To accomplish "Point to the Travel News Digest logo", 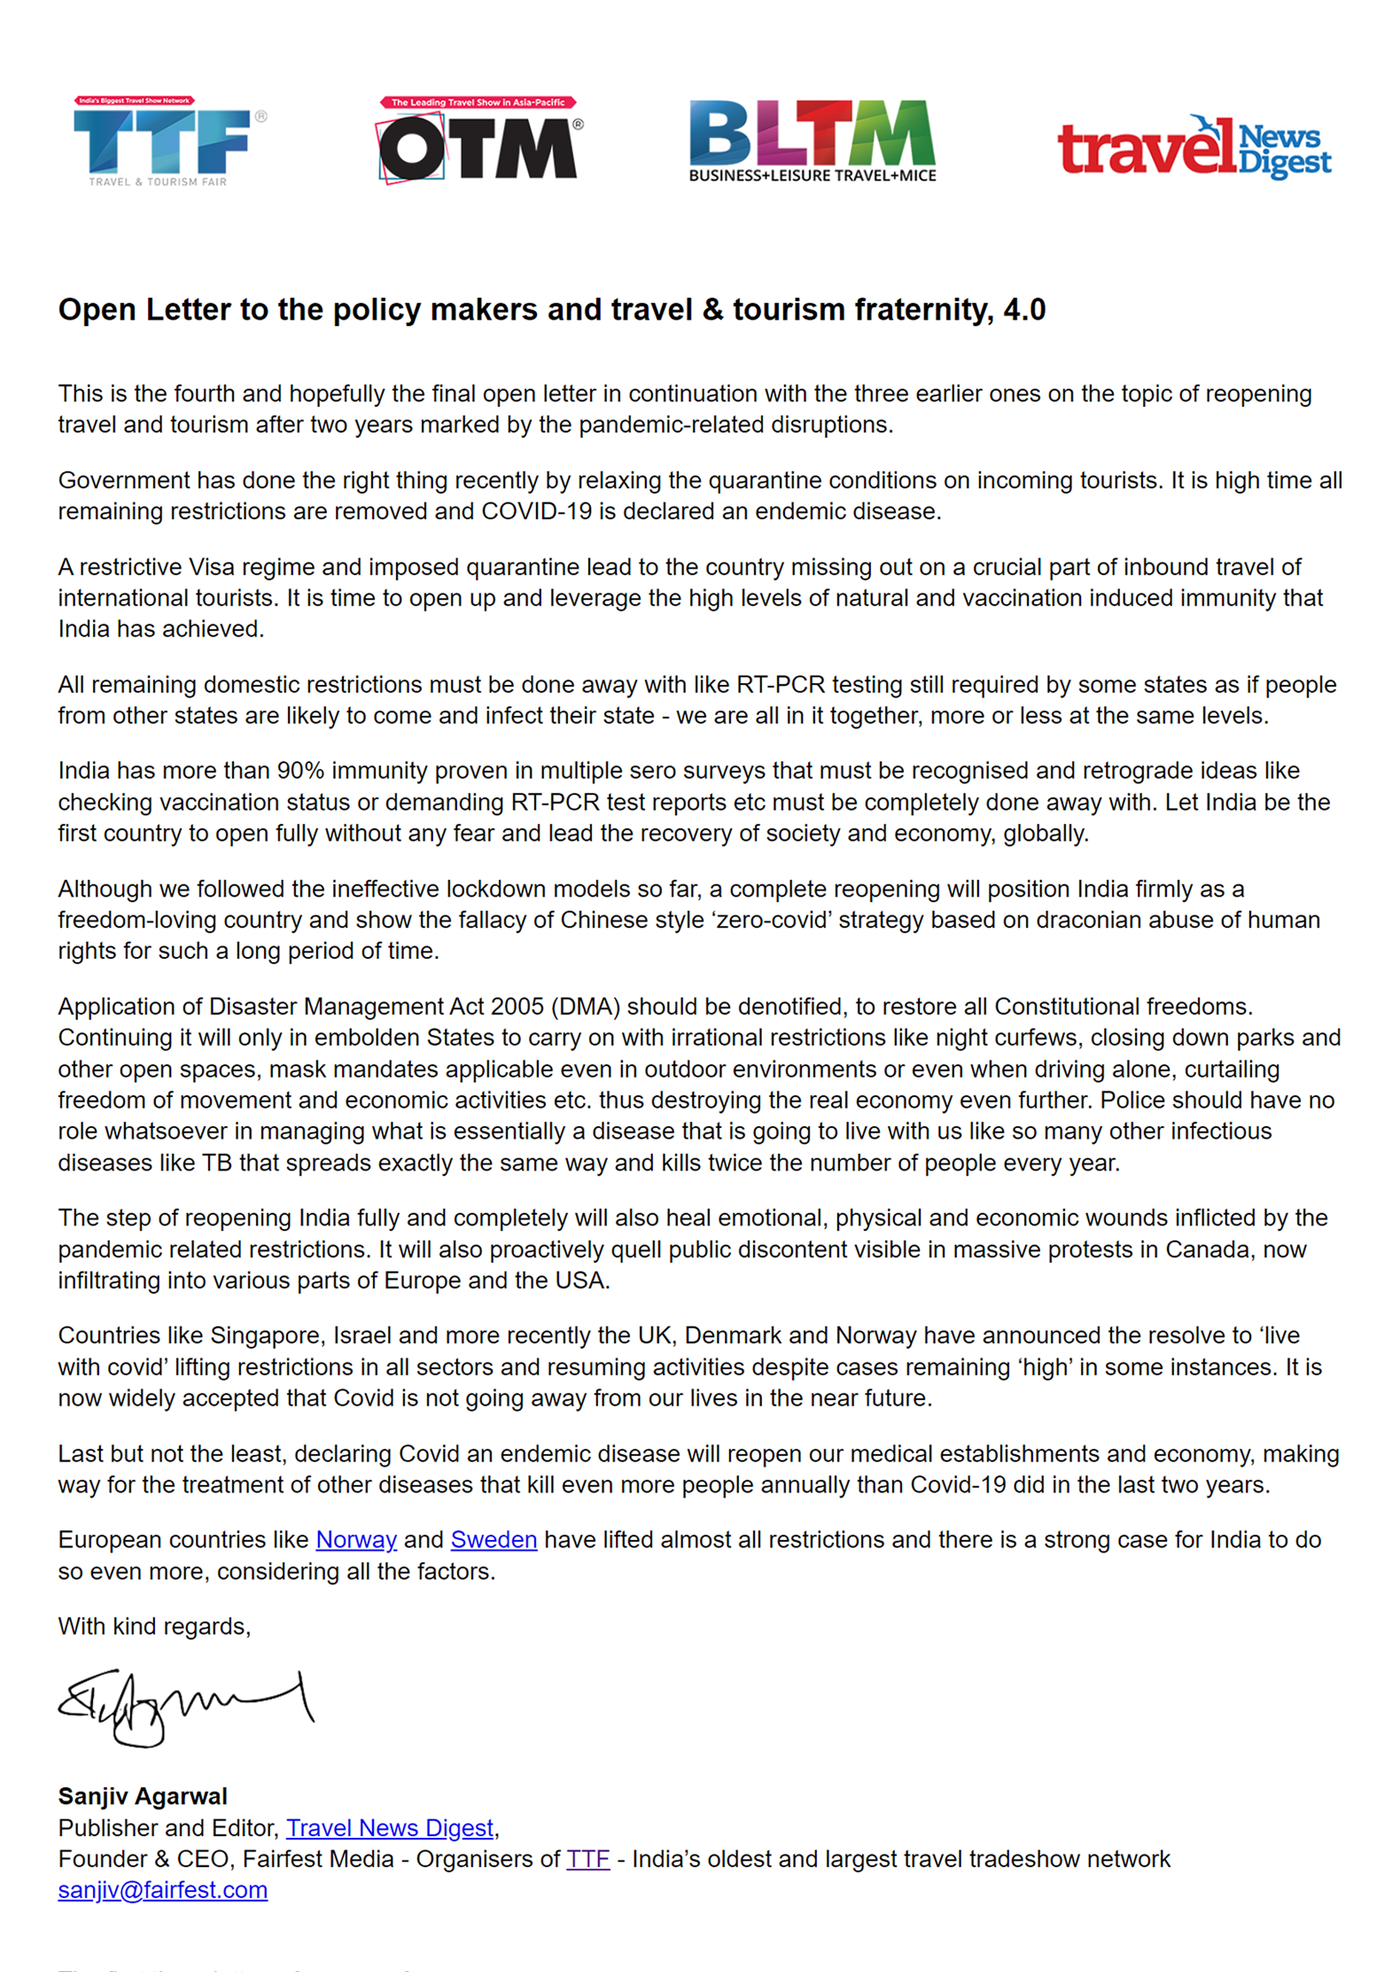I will [x=1194, y=147].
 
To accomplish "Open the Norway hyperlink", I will [x=356, y=1540].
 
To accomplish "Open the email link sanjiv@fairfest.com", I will [x=162, y=1890].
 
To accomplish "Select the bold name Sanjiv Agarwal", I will [x=143, y=1797].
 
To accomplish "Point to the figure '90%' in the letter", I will [x=300, y=771].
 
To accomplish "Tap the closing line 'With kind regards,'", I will [x=155, y=1627].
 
